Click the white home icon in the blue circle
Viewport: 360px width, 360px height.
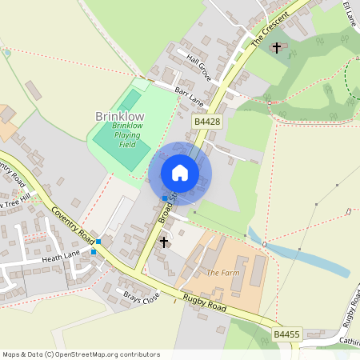tap(180, 173)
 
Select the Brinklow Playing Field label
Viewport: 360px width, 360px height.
tap(127, 135)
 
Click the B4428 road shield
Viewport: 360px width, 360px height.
tap(206, 121)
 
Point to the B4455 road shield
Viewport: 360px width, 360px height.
tap(286, 334)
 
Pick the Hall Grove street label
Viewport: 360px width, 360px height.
tap(198, 68)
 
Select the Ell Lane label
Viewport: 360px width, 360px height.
tap(349, 14)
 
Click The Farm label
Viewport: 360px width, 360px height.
tap(223, 273)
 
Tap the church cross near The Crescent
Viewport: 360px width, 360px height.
tap(277, 48)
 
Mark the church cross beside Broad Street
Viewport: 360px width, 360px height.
tap(165, 242)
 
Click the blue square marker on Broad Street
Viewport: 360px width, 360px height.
tap(166, 198)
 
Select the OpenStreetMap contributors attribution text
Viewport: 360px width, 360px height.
tap(81, 354)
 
